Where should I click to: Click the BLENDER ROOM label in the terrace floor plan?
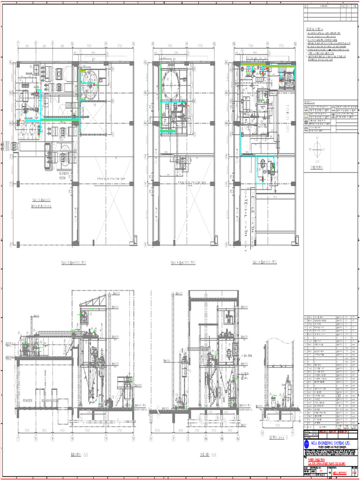(x=64, y=176)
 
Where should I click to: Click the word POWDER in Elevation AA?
(x=27, y=401)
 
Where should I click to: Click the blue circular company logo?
(x=307, y=444)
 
